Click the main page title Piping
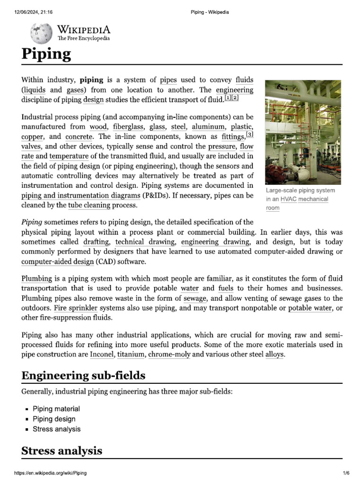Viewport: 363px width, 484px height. [x=46, y=54]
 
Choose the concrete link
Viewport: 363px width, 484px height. [x=79, y=137]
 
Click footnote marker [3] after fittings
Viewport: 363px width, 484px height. [x=250, y=135]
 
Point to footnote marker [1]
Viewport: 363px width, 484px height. [x=228, y=97]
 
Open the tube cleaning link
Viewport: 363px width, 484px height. [x=89, y=205]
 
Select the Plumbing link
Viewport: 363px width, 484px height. [x=36, y=278]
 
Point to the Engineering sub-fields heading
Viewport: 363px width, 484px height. [x=83, y=376]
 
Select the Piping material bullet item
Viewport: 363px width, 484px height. [x=56, y=409]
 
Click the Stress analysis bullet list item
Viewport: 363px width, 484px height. [x=56, y=429]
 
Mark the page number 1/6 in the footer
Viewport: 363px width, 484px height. [x=346, y=473]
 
